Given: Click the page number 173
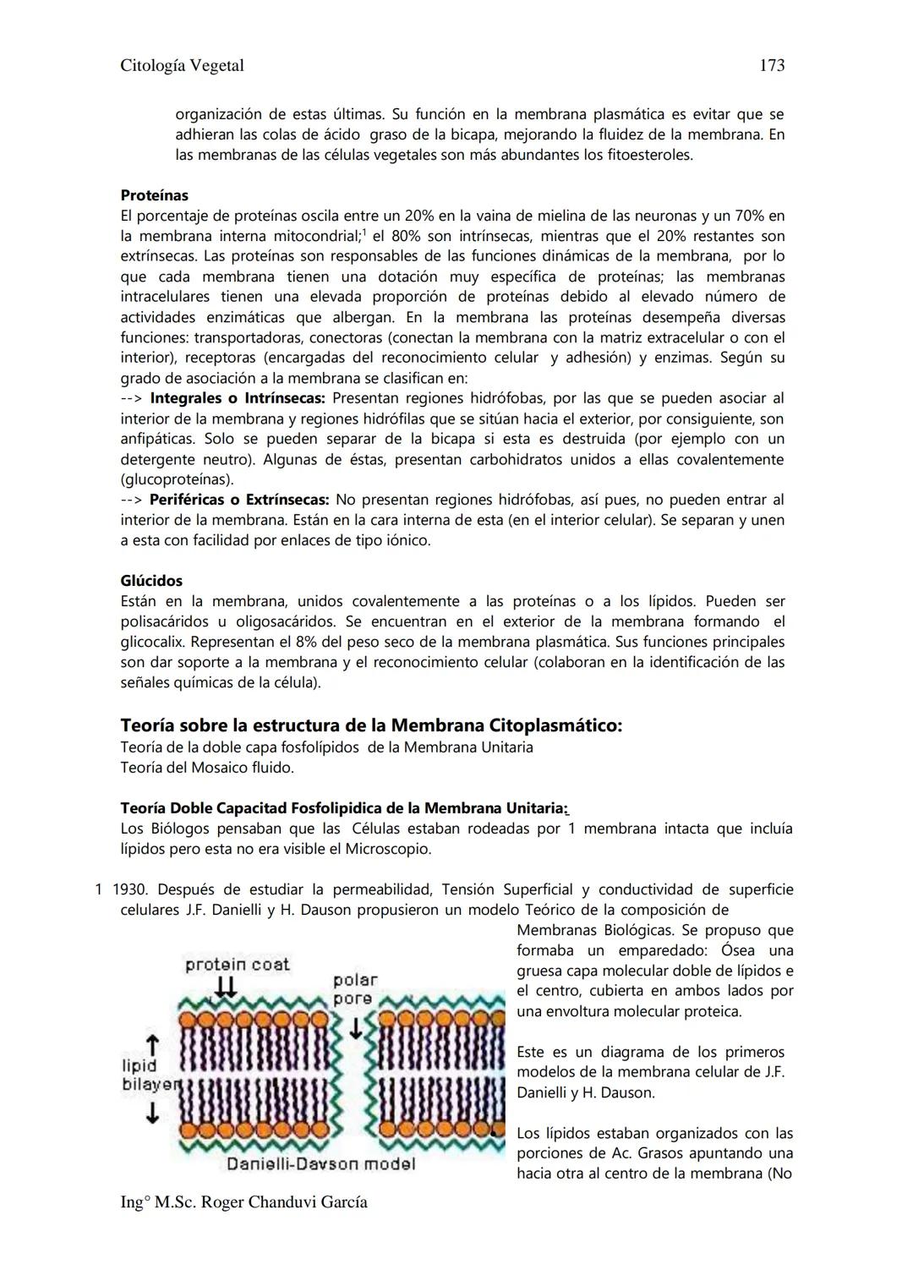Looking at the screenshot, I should [772, 65].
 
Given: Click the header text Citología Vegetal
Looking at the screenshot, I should [182, 65].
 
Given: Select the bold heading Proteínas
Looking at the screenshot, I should [154, 195].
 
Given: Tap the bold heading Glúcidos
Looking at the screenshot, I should [151, 581].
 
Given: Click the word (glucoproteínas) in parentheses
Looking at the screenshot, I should [176, 479].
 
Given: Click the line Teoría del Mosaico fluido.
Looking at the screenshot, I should [207, 768].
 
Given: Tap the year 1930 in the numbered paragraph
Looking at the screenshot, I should [129, 889].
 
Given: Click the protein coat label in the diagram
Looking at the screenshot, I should [237, 964].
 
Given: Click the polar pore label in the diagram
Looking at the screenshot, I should [354, 989].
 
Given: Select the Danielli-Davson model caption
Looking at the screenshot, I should [321, 1164].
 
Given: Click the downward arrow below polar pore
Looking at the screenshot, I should [357, 1026].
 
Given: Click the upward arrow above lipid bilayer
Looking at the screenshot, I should [152, 1044].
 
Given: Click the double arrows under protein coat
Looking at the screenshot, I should [226, 987].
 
